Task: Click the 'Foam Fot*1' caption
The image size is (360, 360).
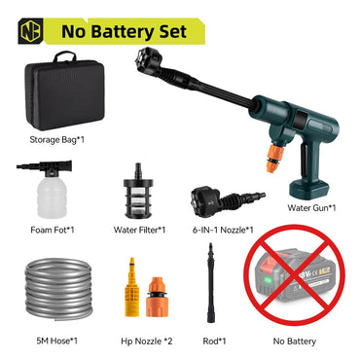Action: click(x=52, y=230)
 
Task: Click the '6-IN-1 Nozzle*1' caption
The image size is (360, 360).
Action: click(x=223, y=230)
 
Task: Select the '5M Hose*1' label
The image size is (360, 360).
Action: click(x=54, y=342)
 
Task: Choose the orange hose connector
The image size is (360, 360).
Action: click(x=156, y=292)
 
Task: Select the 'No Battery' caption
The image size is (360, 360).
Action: click(x=301, y=342)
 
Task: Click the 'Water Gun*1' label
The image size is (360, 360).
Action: click(x=312, y=207)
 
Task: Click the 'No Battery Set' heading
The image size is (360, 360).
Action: click(x=124, y=30)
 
